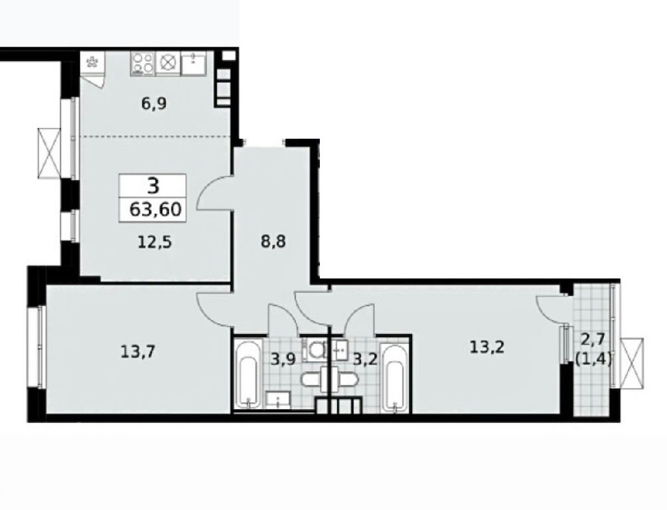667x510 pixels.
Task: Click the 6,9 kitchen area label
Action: (153, 104)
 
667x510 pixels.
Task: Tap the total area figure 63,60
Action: (156, 209)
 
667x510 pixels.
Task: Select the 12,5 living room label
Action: (155, 242)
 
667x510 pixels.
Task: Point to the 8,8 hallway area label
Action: (273, 242)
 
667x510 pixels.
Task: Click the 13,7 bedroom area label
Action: (138, 352)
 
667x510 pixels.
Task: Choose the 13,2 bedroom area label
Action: (487, 347)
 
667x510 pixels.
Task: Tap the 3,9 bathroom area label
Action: (283, 360)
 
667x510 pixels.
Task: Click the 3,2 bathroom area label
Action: (366, 360)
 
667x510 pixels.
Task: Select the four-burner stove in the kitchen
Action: (143, 64)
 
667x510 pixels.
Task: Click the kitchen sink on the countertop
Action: (194, 63)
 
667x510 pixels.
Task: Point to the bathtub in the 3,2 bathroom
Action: (395, 378)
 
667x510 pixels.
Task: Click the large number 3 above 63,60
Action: (153, 186)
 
